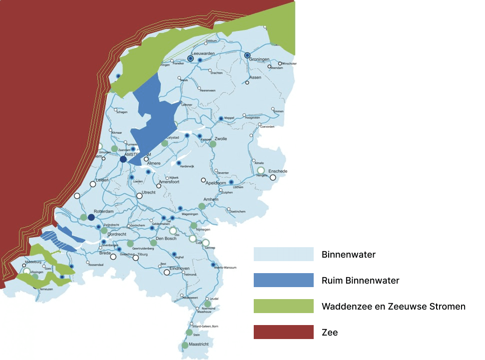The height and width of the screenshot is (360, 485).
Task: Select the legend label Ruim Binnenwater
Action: tap(360, 281)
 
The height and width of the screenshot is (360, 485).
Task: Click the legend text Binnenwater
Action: tap(348, 255)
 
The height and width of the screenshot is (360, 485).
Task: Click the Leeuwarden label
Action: tap(203, 53)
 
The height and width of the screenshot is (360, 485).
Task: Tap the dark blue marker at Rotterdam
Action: tap(91, 217)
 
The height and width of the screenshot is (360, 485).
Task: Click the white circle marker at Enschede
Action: tap(273, 177)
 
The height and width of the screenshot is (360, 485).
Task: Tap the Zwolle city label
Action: tap(221, 139)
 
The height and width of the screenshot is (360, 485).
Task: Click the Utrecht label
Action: tap(149, 192)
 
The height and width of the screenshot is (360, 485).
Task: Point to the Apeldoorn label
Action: tap(217, 183)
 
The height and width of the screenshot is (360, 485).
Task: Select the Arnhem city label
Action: tap(211, 200)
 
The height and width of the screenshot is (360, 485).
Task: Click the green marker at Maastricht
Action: tap(185, 345)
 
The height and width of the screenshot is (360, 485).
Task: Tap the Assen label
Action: tap(255, 78)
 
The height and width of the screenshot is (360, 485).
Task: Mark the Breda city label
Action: tap(105, 253)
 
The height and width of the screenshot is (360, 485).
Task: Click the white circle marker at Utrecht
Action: tap(139, 196)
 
